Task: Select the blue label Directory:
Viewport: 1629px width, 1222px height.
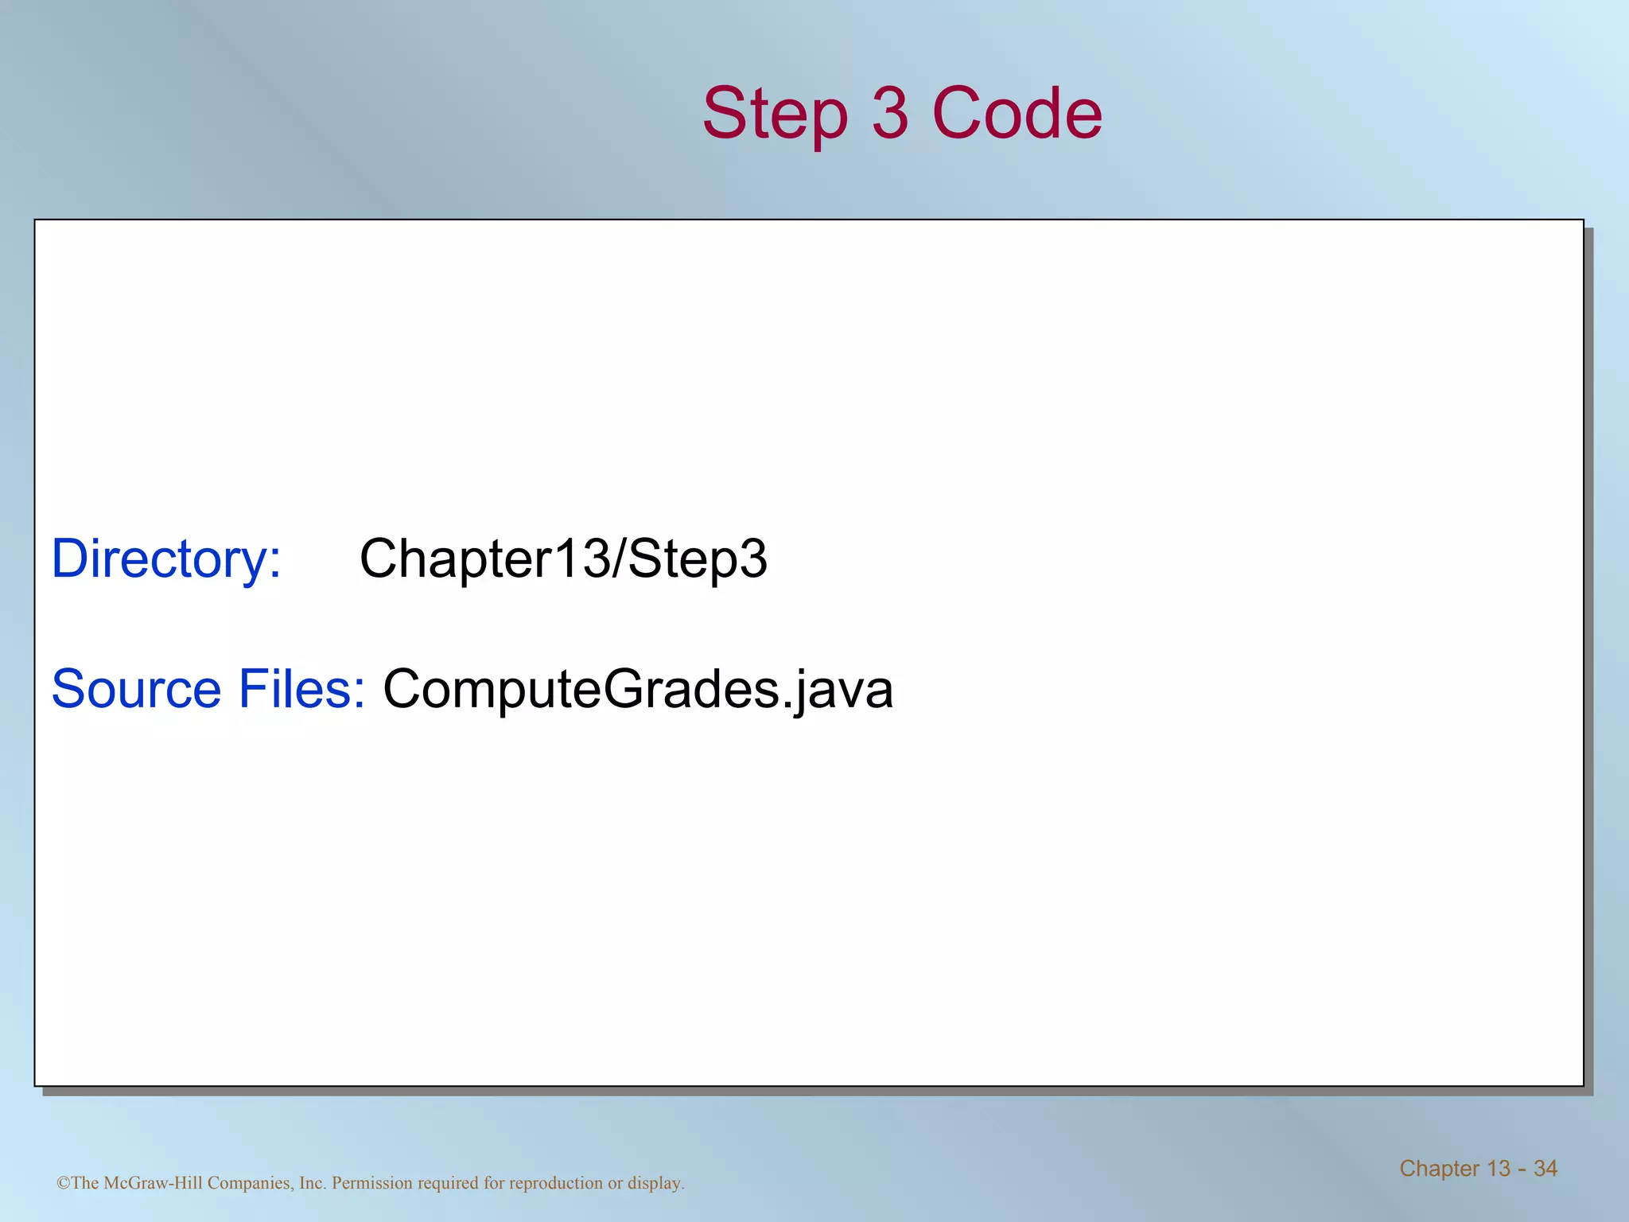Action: tap(166, 558)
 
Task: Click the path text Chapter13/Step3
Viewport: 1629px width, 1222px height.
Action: tap(563, 558)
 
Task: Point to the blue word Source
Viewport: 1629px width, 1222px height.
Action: tap(136, 688)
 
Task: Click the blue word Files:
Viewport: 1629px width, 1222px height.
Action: tap(301, 688)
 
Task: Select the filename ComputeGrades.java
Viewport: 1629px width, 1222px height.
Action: tap(638, 689)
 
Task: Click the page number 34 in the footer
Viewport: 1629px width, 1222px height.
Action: tap(1545, 1168)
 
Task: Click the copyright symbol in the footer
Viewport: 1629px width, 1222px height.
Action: tap(63, 1183)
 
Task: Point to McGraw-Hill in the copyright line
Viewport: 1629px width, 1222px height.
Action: tap(154, 1183)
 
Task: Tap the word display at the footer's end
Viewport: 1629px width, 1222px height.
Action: tap(655, 1183)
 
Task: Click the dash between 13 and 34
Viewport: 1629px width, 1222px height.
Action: tap(1522, 1169)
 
